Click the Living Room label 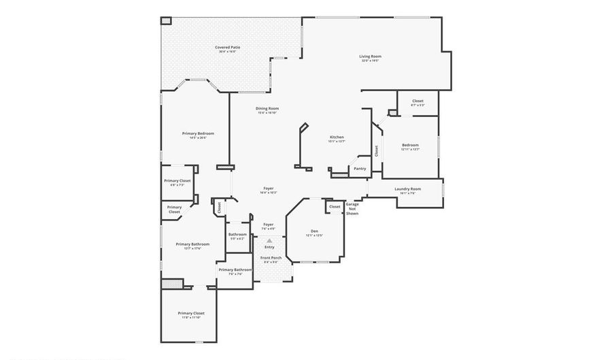tap(370, 56)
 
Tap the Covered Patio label tap(227, 48)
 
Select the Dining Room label tap(267, 108)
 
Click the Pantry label tap(360, 169)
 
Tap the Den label tap(315, 231)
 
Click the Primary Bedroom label tap(198, 133)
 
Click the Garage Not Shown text tap(352, 208)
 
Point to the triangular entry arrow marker tap(270, 240)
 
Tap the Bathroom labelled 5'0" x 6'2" tap(237, 235)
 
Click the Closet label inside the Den tap(335, 207)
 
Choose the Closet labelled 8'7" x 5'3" tap(418, 101)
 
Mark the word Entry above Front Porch tap(270, 247)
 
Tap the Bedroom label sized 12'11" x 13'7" tap(410, 145)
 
